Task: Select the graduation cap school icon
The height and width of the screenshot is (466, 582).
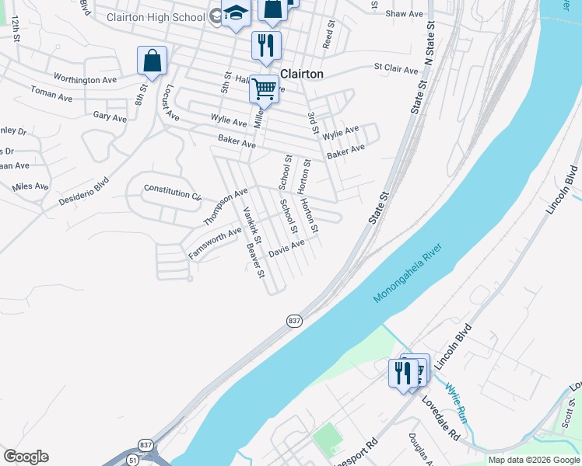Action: click(235, 14)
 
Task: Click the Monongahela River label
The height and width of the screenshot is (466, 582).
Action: click(407, 273)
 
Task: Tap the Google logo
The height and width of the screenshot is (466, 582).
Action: click(26, 457)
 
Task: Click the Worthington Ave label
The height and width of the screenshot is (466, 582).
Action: click(85, 79)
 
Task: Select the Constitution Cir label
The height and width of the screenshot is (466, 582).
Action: click(173, 191)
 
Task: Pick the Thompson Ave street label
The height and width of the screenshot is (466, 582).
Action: click(225, 206)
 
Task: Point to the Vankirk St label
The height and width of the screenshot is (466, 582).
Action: click(252, 223)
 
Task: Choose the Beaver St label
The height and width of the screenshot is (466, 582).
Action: click(256, 261)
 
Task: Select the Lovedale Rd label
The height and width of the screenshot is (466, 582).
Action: click(441, 419)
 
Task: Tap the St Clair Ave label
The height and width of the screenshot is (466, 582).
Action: click(396, 69)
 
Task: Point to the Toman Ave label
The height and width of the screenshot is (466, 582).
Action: click(51, 92)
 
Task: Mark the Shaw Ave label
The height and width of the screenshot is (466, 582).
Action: click(405, 14)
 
